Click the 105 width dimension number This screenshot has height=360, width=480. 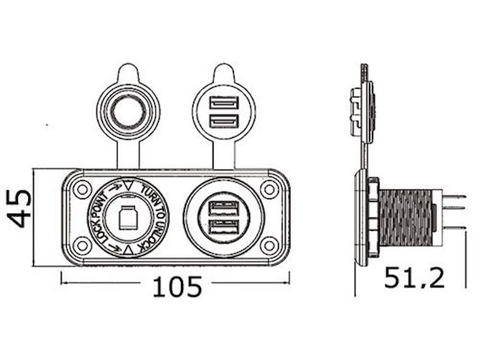click(x=176, y=287)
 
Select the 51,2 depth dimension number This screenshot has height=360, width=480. click(x=414, y=278)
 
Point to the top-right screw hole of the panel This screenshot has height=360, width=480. click(x=270, y=190)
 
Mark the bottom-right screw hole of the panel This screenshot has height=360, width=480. click(x=270, y=245)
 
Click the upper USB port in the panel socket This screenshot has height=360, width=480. click(x=223, y=209)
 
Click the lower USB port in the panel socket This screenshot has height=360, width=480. click(x=223, y=227)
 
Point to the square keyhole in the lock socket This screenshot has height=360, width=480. click(x=128, y=218)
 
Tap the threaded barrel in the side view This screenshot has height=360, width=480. click(x=406, y=217)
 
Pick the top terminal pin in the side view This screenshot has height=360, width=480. click(x=454, y=196)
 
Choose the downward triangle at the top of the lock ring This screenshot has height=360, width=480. click(x=128, y=184)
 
